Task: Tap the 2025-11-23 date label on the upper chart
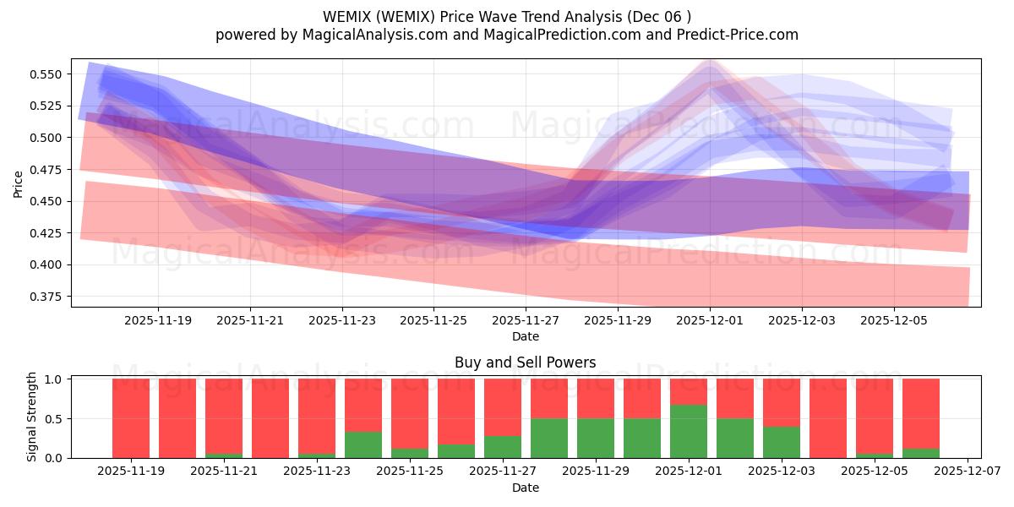pos(342,321)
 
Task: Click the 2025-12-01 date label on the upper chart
pos(710,321)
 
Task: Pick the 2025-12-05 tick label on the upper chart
pos(894,321)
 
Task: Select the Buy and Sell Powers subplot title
pos(525,363)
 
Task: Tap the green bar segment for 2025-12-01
pos(689,431)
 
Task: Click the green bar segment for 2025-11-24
pos(363,444)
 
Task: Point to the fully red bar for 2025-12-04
pos(828,418)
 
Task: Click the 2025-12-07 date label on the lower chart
pos(968,472)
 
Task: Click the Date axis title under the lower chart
pos(525,488)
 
